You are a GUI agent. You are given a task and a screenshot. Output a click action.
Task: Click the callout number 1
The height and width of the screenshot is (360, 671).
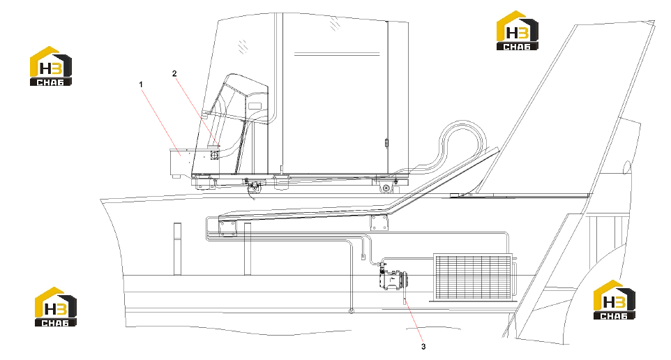(141, 84)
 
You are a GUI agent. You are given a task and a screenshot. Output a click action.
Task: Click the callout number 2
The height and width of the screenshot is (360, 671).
(174, 74)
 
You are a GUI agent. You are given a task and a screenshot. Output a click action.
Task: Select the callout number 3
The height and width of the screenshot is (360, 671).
(423, 347)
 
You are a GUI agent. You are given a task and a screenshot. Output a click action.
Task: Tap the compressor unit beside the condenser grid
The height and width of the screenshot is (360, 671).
(393, 280)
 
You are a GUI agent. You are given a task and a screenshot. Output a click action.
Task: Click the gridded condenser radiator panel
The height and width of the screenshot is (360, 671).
(473, 276)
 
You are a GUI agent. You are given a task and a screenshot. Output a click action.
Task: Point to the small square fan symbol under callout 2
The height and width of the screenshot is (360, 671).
(214, 155)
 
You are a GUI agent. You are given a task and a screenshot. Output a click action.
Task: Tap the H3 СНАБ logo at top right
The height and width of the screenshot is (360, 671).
(517, 31)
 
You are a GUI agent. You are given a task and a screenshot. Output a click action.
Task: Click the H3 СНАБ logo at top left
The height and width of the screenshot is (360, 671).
(50, 66)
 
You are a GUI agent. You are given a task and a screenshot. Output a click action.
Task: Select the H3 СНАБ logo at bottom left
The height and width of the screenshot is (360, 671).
(56, 306)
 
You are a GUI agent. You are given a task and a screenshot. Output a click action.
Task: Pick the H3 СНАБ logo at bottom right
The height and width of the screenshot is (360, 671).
(614, 299)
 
